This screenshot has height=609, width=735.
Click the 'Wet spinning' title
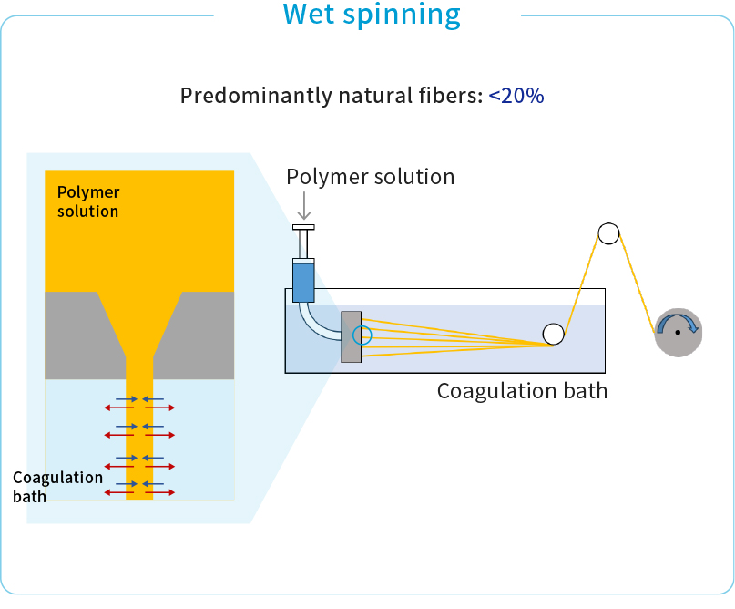(x=371, y=15)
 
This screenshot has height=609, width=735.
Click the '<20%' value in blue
(x=516, y=96)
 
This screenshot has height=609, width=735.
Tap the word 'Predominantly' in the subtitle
(x=245, y=97)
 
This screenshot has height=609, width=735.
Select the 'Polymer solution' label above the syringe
(x=371, y=176)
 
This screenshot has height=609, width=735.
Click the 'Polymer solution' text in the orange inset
(x=88, y=201)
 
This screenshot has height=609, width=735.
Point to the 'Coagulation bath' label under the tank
(x=522, y=391)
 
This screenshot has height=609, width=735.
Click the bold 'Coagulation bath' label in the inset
(x=57, y=486)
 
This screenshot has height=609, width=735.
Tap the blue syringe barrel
(x=303, y=282)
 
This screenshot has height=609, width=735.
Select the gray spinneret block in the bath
(x=350, y=336)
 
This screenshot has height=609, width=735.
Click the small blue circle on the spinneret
(x=362, y=335)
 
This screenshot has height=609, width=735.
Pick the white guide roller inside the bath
(x=553, y=335)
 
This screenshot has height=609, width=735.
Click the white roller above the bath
(x=608, y=233)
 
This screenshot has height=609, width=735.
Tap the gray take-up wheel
(x=679, y=346)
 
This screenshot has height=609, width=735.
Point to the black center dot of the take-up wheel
(x=678, y=333)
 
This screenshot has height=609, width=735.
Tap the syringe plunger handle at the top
(x=304, y=227)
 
